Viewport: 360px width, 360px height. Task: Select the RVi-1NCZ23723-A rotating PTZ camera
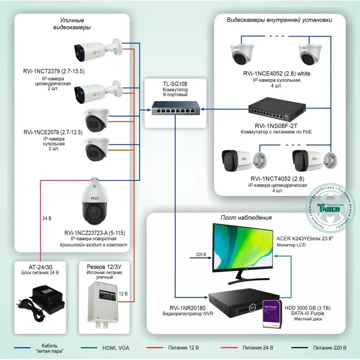[x=97, y=204]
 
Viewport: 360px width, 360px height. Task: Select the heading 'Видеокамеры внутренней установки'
[x=279, y=20]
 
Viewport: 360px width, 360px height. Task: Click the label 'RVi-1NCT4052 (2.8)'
[x=277, y=179]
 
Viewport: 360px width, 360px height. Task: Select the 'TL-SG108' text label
[x=175, y=83]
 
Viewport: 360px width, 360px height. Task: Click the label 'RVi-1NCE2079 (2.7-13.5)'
[x=51, y=133]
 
